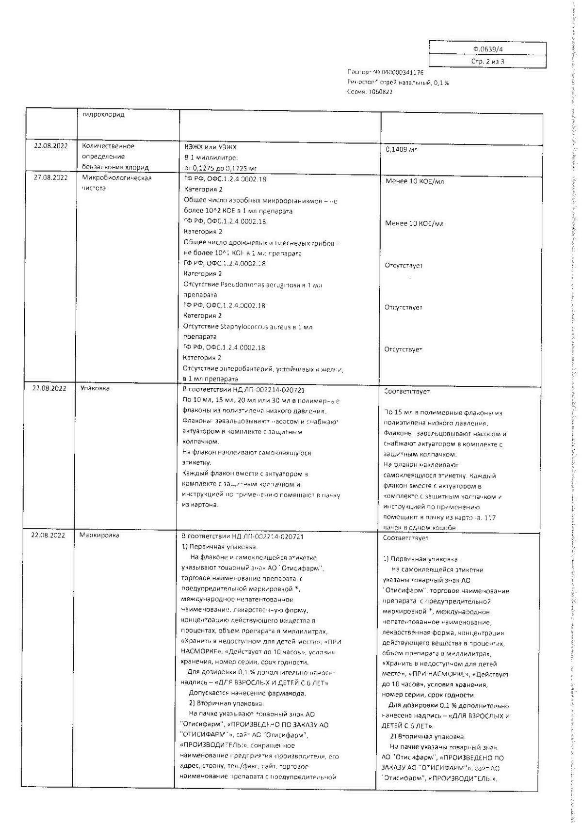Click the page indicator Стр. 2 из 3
point(487,62)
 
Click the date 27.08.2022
point(50,178)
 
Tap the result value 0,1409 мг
point(401,150)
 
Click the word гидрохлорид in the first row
point(104,115)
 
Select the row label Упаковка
point(95,388)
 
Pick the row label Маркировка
point(99,536)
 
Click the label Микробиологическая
point(117,178)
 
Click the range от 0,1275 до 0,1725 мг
point(220,168)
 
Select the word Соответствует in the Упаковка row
point(406,391)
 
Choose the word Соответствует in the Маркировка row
point(405,538)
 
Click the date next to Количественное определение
point(50,146)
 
